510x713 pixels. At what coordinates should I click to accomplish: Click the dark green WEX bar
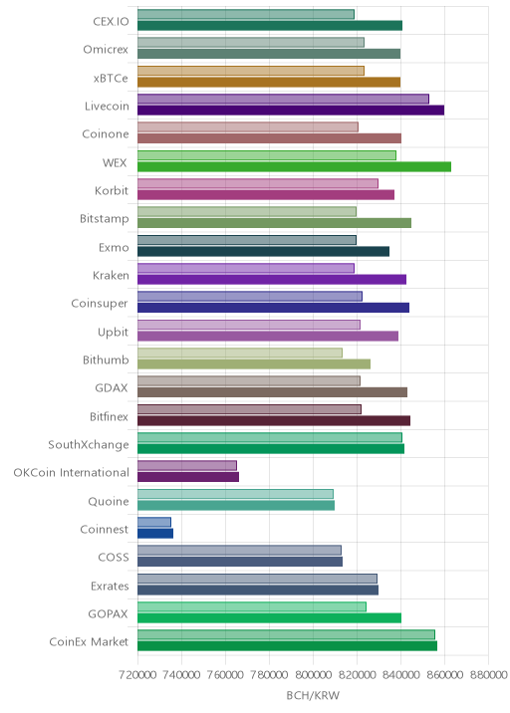(x=294, y=167)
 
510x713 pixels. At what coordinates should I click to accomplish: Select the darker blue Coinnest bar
(x=155, y=534)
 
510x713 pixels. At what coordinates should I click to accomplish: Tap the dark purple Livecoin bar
(x=291, y=111)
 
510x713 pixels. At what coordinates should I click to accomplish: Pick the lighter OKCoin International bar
(x=187, y=465)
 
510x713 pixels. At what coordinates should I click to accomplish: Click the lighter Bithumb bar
(x=240, y=353)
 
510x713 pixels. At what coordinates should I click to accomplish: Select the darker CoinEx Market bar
(x=287, y=646)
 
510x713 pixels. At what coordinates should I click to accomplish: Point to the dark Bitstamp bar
(x=274, y=223)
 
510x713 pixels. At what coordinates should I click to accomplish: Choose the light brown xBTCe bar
(x=251, y=71)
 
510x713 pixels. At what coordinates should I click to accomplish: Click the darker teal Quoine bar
(x=236, y=505)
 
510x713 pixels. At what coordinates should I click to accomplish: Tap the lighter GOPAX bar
(x=252, y=606)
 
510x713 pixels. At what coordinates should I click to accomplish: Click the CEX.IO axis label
(x=111, y=21)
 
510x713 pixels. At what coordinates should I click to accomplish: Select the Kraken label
(x=111, y=275)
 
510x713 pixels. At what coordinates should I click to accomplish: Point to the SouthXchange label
(x=89, y=445)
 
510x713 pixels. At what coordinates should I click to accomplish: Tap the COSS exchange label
(x=114, y=557)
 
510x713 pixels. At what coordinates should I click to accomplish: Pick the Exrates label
(x=110, y=586)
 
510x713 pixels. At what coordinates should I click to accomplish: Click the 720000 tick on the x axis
(x=137, y=674)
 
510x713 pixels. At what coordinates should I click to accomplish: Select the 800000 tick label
(x=313, y=674)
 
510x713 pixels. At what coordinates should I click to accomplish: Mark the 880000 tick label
(x=488, y=674)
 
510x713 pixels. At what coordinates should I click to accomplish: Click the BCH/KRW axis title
(x=313, y=695)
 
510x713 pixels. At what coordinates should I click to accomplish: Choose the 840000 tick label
(x=400, y=674)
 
